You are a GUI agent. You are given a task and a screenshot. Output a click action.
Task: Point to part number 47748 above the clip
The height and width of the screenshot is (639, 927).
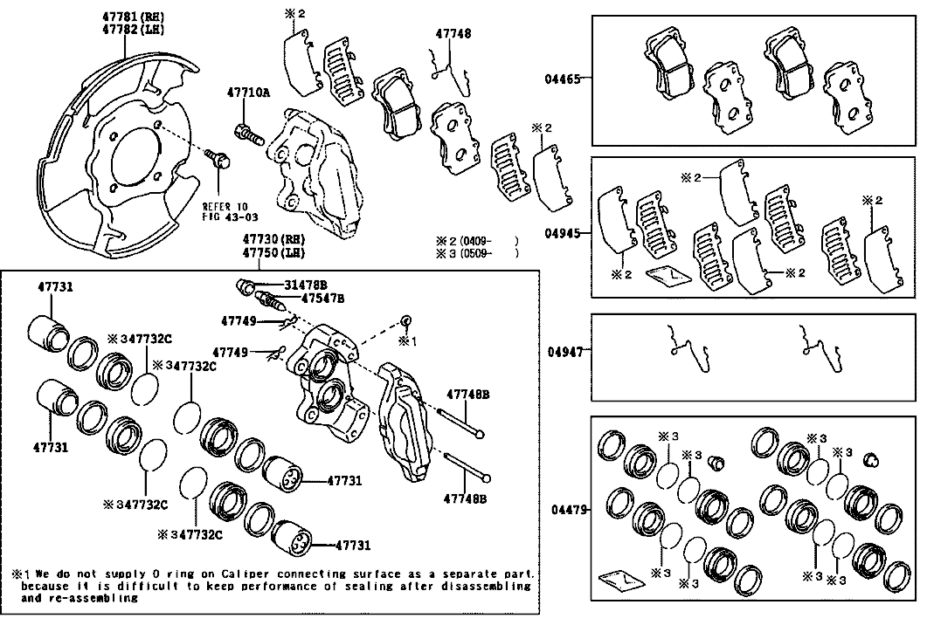coord(453,34)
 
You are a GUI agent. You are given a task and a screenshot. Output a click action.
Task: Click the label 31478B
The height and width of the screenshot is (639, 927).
coord(304,285)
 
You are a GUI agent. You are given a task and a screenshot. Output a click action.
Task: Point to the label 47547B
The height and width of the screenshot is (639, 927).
coord(322,298)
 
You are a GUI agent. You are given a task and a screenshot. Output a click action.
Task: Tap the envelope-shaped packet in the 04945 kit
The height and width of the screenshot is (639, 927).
coord(668,276)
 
